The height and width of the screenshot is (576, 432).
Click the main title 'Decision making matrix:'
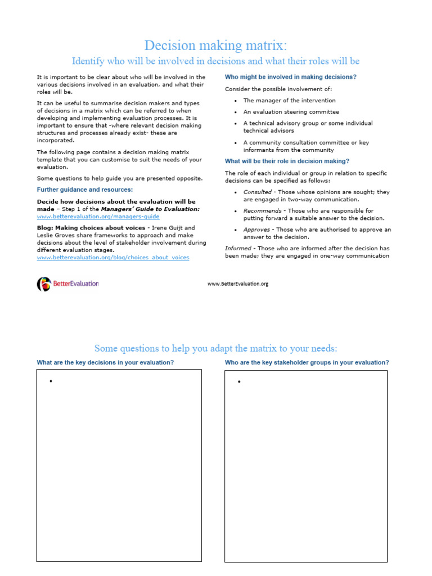click(x=215, y=45)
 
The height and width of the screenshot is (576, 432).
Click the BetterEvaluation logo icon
click(x=44, y=284)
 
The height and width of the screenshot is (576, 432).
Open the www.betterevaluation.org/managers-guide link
click(x=98, y=216)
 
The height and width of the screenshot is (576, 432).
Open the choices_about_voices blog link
click(x=112, y=257)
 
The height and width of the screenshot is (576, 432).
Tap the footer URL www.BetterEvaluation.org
click(x=238, y=284)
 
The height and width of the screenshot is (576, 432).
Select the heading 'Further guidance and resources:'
click(x=85, y=190)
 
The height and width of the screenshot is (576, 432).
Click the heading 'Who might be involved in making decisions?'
click(x=291, y=77)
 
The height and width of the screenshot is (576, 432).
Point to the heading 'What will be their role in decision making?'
click(x=287, y=161)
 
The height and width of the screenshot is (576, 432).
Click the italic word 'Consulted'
click(x=256, y=192)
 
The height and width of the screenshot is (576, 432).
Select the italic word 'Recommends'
click(x=262, y=211)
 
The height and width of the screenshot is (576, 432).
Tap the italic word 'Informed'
click(x=238, y=248)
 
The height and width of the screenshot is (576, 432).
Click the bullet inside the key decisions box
click(x=51, y=381)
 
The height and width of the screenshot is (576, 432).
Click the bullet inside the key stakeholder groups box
click(x=239, y=381)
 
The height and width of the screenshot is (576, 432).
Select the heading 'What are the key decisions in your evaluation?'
click(x=105, y=363)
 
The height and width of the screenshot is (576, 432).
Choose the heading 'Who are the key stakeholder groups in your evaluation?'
click(x=307, y=363)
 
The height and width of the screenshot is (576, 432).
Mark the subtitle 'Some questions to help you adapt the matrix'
click(x=215, y=348)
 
